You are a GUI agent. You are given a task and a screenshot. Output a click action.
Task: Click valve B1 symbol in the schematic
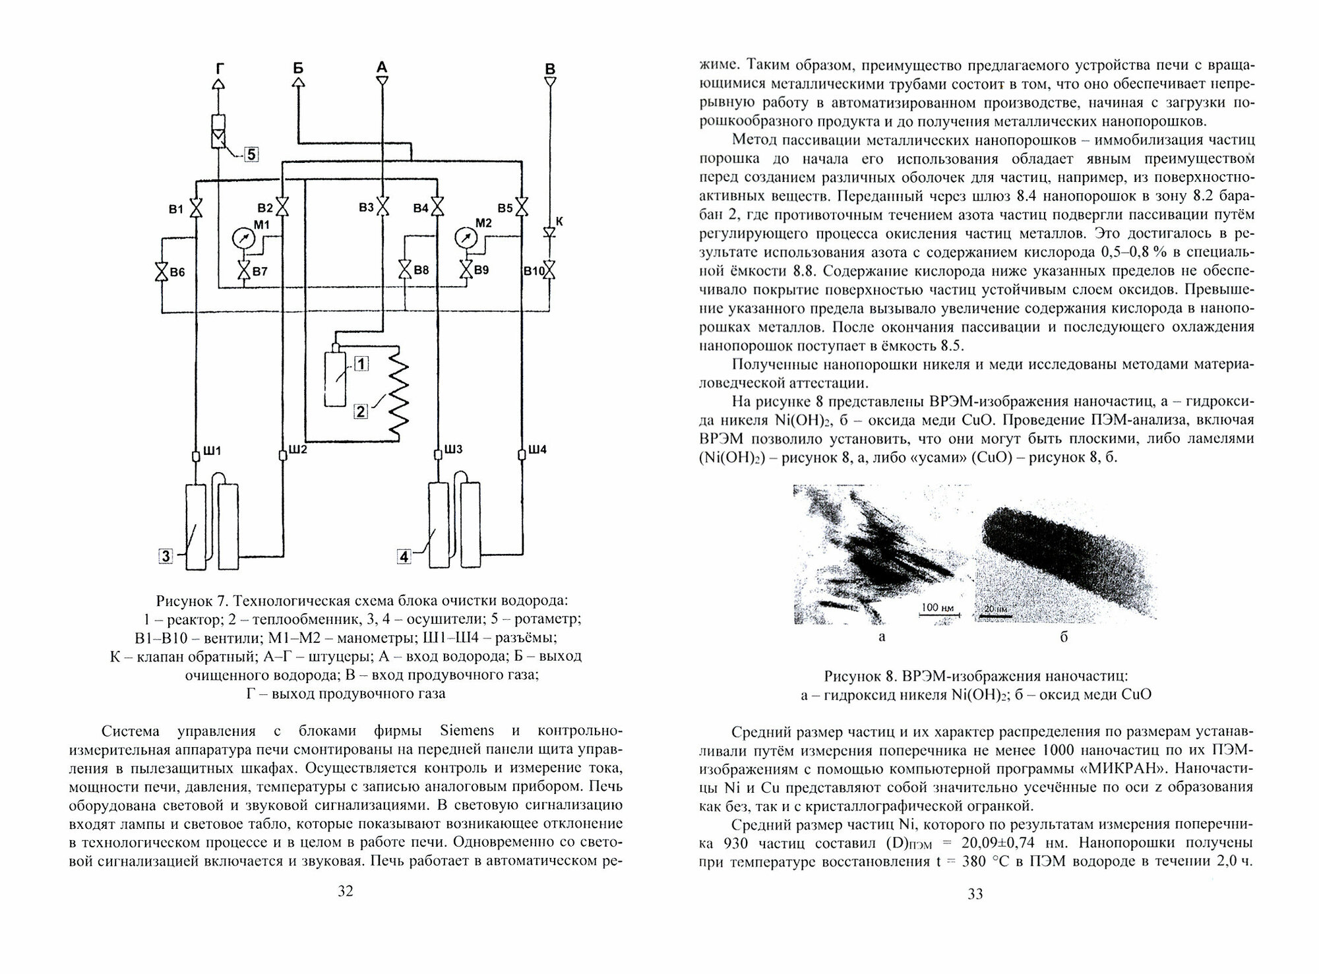197,209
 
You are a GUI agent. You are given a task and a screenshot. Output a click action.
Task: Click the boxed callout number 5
251,155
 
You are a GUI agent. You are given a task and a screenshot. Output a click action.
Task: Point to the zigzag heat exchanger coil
398,396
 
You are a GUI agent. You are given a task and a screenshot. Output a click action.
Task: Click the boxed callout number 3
166,556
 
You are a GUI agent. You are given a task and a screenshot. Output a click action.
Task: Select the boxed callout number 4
404,556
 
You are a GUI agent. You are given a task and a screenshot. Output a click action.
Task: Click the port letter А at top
382,67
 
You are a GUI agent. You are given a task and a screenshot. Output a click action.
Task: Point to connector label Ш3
453,450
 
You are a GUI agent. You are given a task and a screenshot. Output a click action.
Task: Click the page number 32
346,891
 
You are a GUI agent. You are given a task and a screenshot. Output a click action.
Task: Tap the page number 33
975,894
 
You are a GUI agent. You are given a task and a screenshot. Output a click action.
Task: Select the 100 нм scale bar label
938,607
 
